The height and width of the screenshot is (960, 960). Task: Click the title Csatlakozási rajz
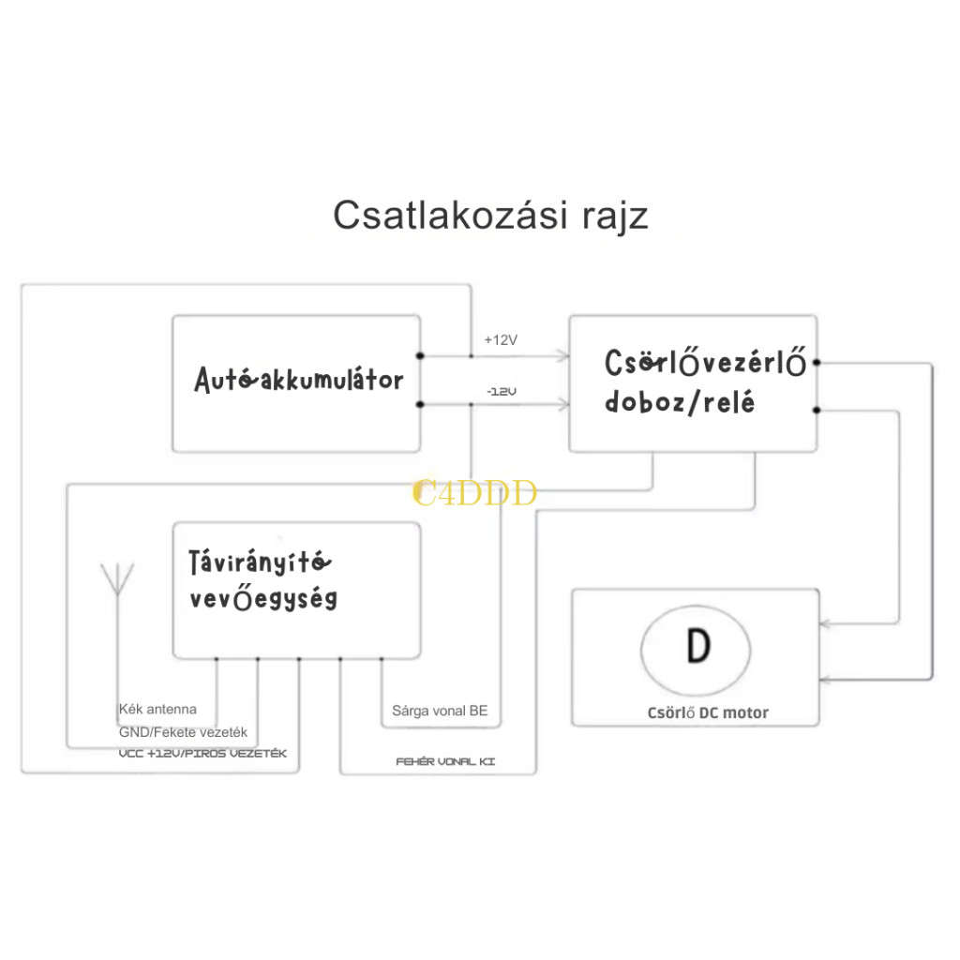coord(490,215)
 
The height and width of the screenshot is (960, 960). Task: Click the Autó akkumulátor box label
coord(299,380)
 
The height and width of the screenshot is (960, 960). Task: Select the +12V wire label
coord(500,340)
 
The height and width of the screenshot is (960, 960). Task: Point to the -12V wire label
coord(501,390)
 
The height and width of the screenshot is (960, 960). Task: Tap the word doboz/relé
coord(680,403)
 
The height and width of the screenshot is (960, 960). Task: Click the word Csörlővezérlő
coord(705,363)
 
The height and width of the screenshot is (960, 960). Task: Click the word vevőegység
coord(263,599)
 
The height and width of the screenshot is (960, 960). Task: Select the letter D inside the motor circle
coord(696,646)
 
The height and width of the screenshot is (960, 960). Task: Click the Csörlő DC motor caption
coord(708,712)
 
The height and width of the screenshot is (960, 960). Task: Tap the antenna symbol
coord(117,579)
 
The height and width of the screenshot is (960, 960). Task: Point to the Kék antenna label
coord(157,710)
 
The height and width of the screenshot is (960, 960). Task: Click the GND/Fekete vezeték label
coord(183,732)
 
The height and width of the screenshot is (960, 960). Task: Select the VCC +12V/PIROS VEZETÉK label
coord(202,754)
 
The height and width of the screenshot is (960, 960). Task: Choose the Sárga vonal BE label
coord(440,711)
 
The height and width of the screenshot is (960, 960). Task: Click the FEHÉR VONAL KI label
coord(445,762)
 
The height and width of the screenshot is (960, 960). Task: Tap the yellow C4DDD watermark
coord(474,493)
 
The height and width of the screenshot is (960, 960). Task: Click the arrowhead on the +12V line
coord(562,355)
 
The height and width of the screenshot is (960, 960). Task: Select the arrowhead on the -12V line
coord(562,404)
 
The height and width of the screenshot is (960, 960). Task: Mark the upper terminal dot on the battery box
coord(420,355)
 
